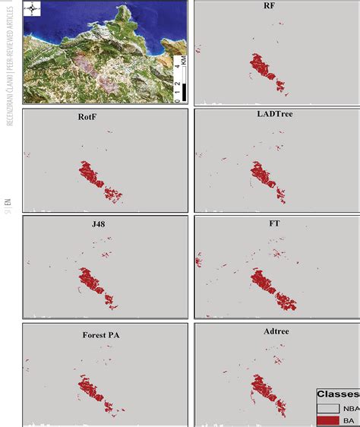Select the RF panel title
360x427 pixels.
(270, 7)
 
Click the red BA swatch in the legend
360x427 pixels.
(329, 419)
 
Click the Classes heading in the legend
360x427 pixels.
(338, 394)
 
